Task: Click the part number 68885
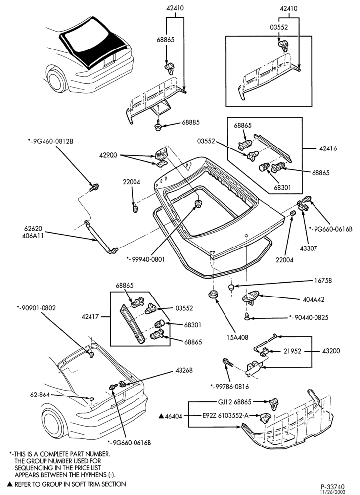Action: click(191, 123)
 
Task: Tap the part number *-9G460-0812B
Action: click(50, 141)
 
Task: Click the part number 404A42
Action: click(314, 299)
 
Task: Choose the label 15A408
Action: click(238, 338)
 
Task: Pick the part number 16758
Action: click(323, 280)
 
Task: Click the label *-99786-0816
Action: click(230, 387)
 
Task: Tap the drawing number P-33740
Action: click(333, 486)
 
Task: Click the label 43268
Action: click(184, 370)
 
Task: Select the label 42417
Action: click(90, 316)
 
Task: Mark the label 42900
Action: click(108, 155)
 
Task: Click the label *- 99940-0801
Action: click(145, 259)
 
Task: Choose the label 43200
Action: click(331, 351)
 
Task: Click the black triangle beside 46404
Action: click(161, 417)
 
